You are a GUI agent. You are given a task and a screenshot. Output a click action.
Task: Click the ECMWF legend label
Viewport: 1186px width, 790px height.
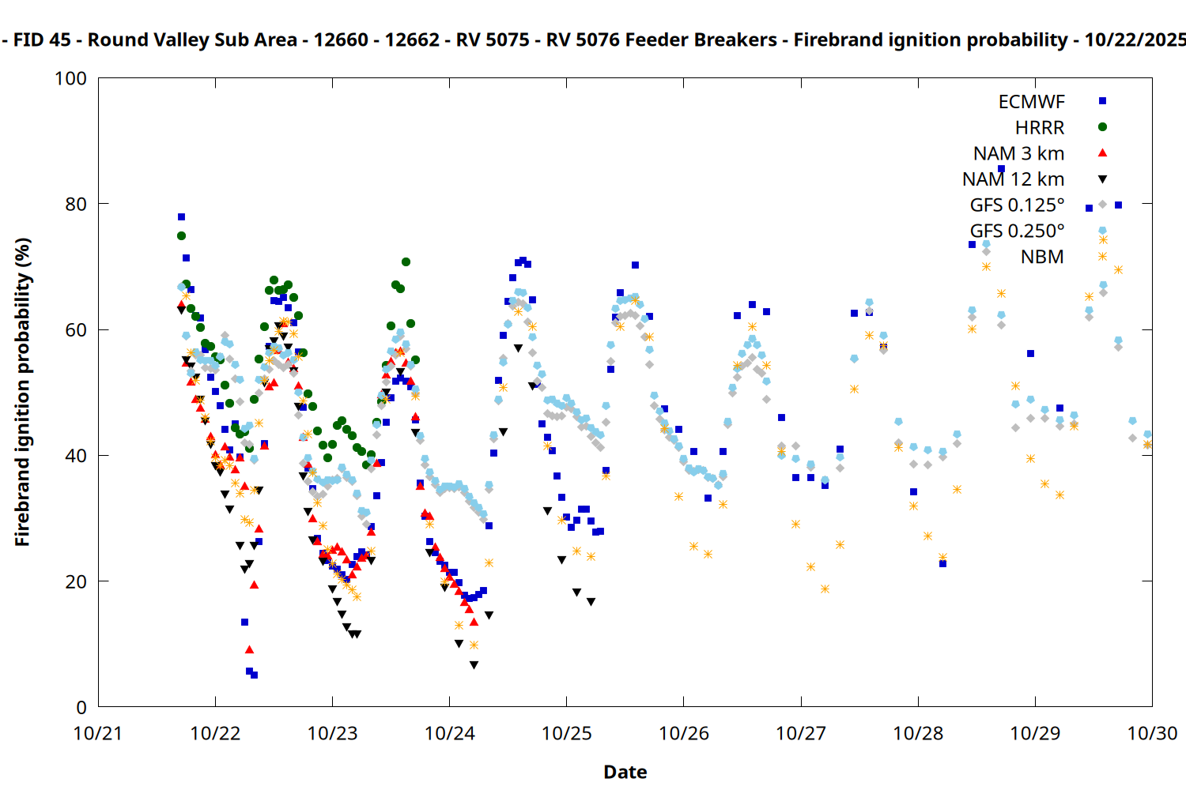click(1031, 102)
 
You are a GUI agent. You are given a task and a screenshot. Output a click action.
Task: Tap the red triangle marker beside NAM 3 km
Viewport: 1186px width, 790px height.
click(1102, 153)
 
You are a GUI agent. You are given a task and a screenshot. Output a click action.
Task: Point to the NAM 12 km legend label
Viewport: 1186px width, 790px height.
click(1013, 179)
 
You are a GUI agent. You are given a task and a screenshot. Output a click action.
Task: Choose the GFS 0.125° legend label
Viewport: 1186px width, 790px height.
click(1017, 205)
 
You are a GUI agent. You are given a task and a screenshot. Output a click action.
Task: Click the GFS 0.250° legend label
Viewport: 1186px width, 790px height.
click(1017, 231)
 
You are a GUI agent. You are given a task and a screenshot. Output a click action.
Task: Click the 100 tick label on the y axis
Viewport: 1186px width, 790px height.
click(70, 79)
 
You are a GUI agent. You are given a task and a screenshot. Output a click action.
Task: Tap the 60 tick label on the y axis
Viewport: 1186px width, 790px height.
click(76, 330)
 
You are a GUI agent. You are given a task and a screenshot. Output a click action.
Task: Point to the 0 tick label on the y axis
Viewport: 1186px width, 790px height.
click(81, 708)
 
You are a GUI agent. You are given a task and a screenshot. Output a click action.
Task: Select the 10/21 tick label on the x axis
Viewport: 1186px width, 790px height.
click(98, 734)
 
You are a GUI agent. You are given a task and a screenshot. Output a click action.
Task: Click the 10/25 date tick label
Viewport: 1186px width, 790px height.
click(567, 734)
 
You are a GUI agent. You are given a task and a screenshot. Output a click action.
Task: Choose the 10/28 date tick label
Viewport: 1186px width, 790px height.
click(918, 734)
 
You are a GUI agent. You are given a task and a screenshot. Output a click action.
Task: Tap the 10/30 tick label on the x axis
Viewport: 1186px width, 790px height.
click(1152, 734)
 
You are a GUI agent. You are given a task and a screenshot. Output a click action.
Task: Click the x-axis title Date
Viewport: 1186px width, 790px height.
click(625, 772)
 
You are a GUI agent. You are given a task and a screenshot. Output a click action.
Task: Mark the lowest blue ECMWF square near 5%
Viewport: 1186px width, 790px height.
click(254, 675)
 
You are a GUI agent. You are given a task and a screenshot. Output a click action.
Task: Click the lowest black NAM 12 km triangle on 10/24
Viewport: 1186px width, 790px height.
click(474, 665)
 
